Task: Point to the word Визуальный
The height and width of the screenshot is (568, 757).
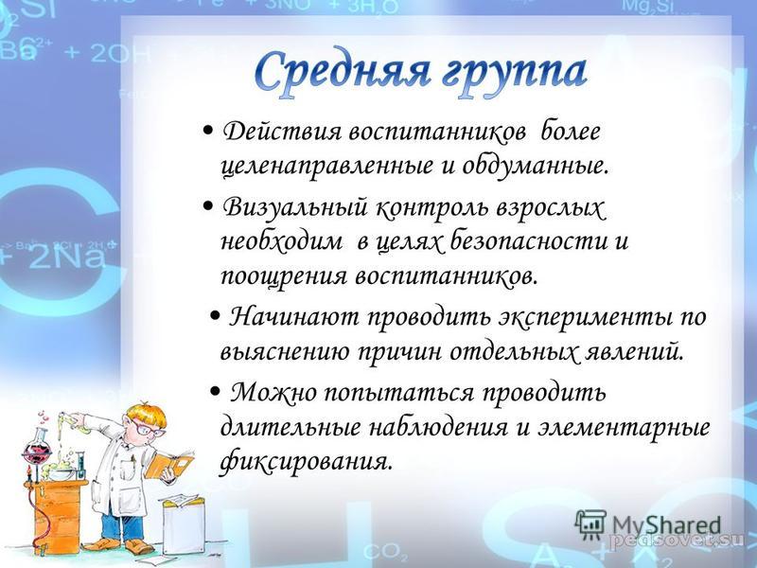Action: pos(293,208)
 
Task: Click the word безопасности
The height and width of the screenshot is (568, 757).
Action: pos(529,240)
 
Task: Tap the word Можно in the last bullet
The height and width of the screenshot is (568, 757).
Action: pos(273,392)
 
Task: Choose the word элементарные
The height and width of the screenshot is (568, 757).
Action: pos(624,428)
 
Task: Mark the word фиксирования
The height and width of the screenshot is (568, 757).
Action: pos(304,462)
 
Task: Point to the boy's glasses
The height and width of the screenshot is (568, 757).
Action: pos(146,428)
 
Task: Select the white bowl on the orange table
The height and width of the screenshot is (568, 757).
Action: pos(61,473)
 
